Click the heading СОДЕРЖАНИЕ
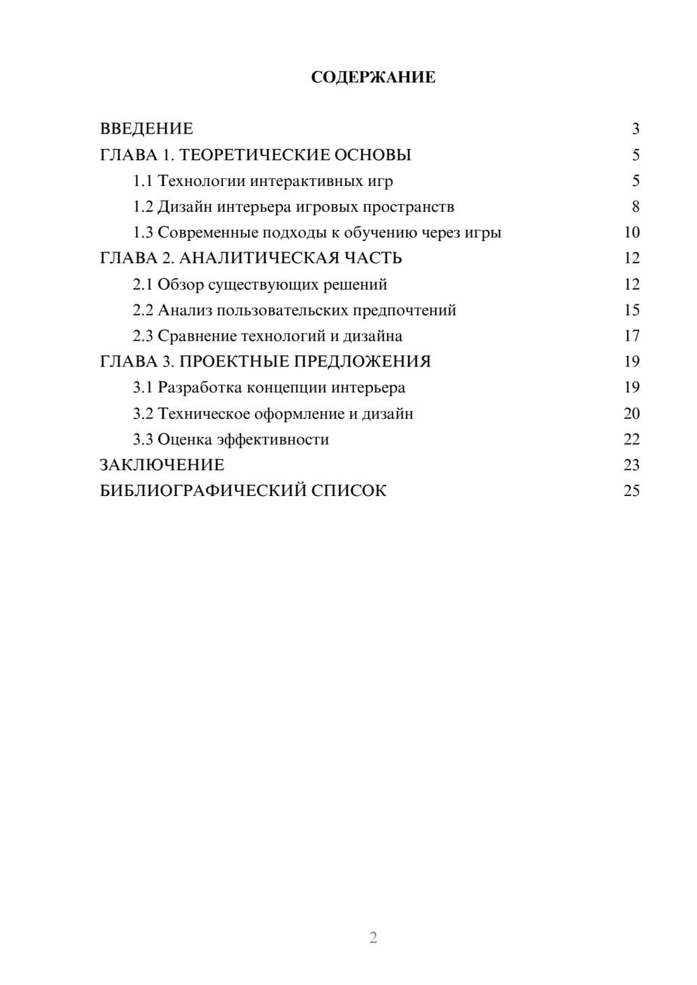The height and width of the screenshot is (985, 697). (x=373, y=77)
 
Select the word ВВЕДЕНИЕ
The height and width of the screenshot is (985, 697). (x=146, y=129)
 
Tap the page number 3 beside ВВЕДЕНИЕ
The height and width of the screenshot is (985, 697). (x=635, y=129)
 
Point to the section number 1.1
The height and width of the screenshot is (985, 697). (x=143, y=181)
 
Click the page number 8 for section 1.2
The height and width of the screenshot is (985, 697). (x=635, y=207)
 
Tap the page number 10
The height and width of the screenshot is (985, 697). (x=631, y=233)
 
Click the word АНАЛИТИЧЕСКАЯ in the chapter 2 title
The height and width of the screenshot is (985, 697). (x=259, y=258)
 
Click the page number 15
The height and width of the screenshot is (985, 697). (x=631, y=310)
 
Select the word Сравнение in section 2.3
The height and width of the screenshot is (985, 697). (x=197, y=336)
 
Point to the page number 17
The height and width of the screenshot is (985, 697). (x=631, y=336)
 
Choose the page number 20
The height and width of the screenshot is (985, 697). (x=631, y=414)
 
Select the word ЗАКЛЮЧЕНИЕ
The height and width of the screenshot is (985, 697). (x=162, y=465)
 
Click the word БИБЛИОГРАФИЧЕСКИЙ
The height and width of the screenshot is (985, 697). (x=203, y=491)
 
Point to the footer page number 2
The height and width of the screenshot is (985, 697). (x=373, y=938)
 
